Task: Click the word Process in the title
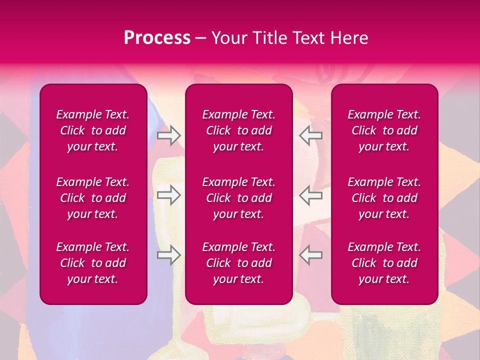157,38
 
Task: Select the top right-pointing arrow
168,135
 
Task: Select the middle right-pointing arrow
168,195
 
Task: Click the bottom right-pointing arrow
168,254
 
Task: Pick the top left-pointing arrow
311,135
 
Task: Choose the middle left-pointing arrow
311,195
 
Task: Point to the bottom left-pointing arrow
311,254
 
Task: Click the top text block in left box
93,130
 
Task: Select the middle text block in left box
93,198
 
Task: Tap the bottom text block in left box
93,263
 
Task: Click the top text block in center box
239,130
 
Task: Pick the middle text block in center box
239,198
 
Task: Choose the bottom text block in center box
239,263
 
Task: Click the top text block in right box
384,130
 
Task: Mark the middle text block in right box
384,198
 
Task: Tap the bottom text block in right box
384,263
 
